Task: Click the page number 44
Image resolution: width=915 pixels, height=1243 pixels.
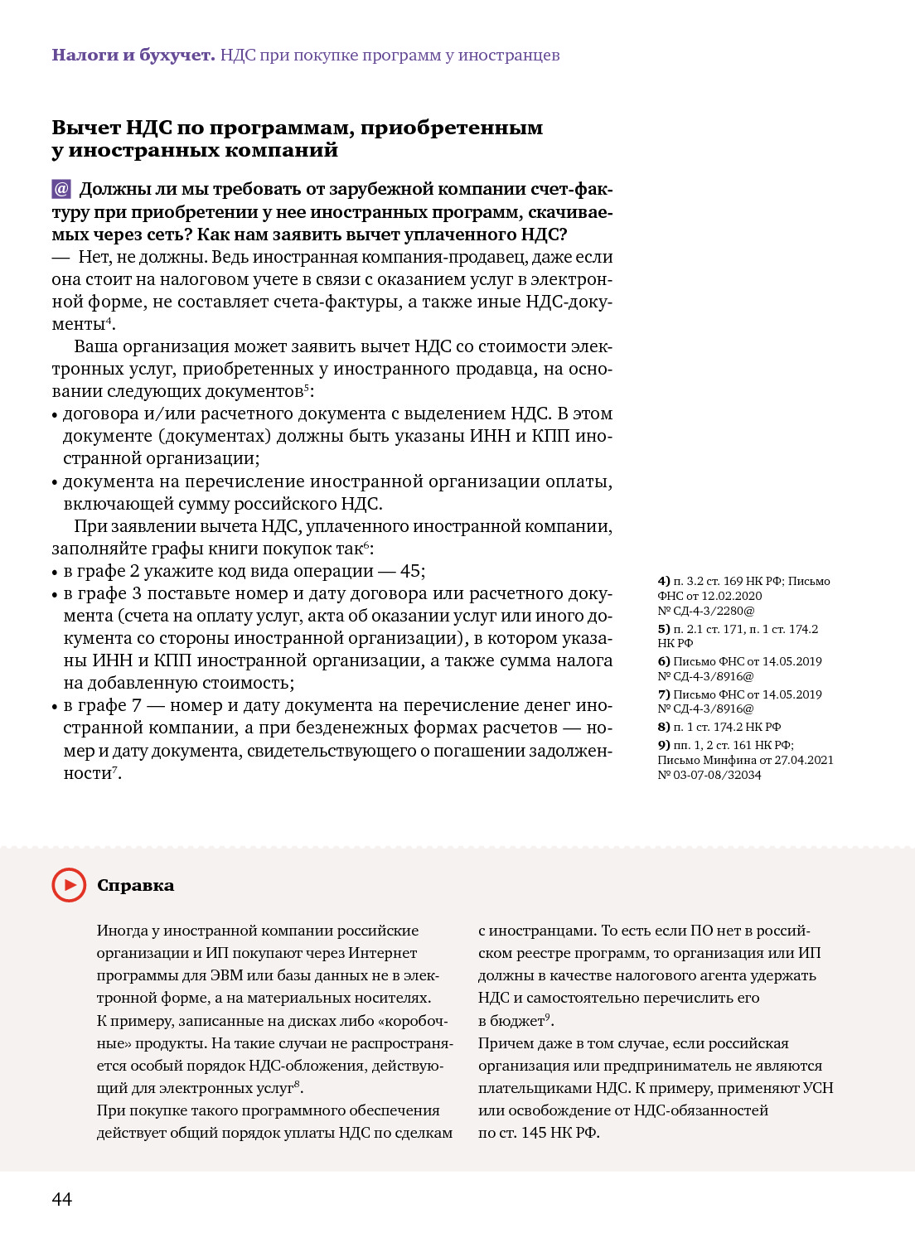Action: pos(62,1199)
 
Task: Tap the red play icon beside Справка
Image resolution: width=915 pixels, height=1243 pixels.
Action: pos(69,885)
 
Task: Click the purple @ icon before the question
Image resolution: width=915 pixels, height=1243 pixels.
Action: pos(61,189)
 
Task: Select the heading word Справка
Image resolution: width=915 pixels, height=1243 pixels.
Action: pos(135,885)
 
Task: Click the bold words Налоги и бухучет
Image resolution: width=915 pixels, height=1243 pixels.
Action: pos(133,55)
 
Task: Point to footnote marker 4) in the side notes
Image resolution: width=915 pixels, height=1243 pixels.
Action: pos(664,581)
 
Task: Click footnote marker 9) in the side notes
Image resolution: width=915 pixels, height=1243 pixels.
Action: pos(664,745)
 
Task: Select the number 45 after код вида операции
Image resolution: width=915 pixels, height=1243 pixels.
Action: pos(411,571)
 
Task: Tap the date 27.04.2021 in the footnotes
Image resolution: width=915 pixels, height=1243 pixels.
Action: pos(803,760)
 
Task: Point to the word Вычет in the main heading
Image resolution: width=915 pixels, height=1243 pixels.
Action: pos(85,128)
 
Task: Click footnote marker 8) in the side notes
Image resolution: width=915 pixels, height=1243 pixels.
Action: pos(664,727)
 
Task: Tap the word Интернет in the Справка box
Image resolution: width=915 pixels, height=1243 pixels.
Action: pos(382,953)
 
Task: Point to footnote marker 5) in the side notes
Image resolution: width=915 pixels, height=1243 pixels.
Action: pos(664,629)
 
